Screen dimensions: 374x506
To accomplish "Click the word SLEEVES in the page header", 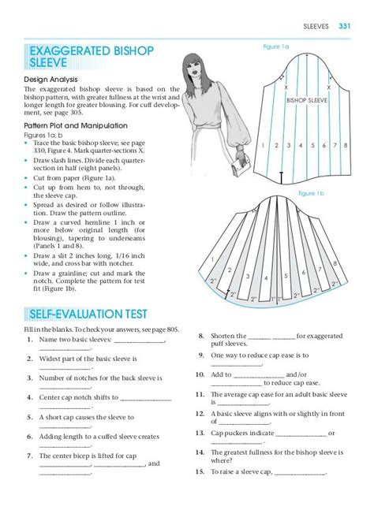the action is pos(317,27).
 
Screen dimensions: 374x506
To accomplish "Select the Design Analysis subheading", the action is pos(50,80).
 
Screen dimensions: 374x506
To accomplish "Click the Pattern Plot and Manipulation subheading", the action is pos(73,126).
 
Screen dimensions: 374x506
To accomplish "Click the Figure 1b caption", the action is pos(311,193).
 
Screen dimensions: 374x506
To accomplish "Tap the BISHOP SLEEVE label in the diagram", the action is pos(307,102).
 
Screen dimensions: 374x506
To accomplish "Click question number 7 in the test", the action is pos(29,456).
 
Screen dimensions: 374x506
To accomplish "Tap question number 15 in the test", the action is pos(201,472).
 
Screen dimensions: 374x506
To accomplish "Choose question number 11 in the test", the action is pos(201,393).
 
